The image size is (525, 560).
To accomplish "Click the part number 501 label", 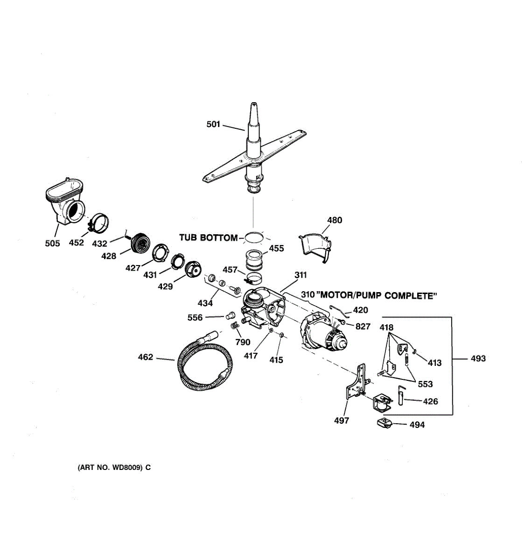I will pos(213,124).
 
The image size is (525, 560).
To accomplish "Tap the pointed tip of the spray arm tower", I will pos(252,104).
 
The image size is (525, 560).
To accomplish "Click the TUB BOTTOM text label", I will pos(208,238).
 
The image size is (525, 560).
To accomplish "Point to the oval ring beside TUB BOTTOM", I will pos(253,238).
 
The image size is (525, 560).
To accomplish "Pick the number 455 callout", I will pos(276,248).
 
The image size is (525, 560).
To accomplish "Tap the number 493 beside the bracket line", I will pos(478,358).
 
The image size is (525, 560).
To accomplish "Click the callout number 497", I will pos(342,420).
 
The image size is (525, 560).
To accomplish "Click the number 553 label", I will pos(425,384).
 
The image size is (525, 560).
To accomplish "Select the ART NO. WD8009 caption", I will pos(114,467).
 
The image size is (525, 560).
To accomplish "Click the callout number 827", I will pos(363,326).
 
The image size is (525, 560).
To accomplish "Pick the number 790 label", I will pos(243,342).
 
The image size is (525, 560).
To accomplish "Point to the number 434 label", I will pos(205,303).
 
